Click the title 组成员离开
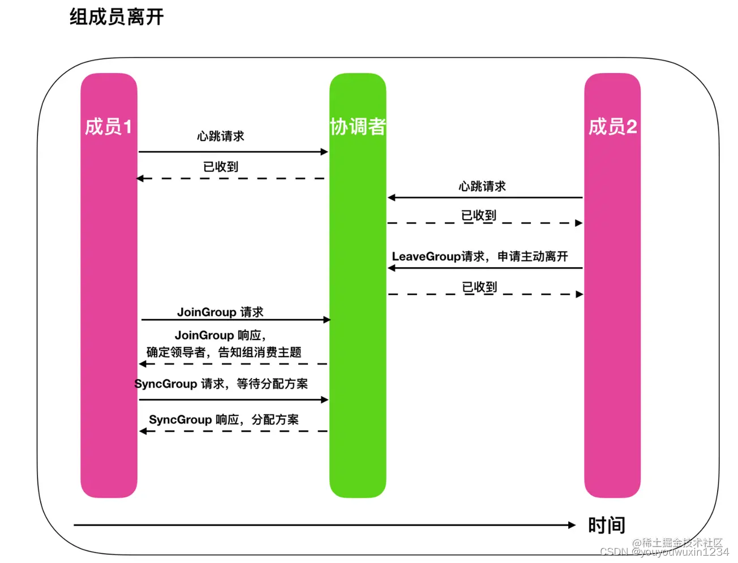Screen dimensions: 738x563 117,17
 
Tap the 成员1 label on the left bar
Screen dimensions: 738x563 108,127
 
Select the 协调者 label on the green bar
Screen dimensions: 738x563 358,127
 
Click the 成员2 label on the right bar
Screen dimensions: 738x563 612,127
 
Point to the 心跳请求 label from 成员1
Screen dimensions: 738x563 221,136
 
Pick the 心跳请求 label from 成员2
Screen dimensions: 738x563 482,186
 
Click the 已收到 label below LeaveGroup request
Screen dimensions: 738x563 479,287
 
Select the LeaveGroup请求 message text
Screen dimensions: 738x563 479,256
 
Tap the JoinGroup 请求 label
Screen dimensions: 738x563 220,312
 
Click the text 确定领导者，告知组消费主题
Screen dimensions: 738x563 224,353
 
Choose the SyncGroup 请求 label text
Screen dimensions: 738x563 221,384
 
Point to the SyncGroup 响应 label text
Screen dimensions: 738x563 224,420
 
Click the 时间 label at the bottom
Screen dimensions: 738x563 606,526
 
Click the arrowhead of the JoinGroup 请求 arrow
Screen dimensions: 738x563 327,320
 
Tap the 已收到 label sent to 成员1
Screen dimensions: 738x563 221,167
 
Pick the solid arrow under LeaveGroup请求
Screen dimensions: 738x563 485,268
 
